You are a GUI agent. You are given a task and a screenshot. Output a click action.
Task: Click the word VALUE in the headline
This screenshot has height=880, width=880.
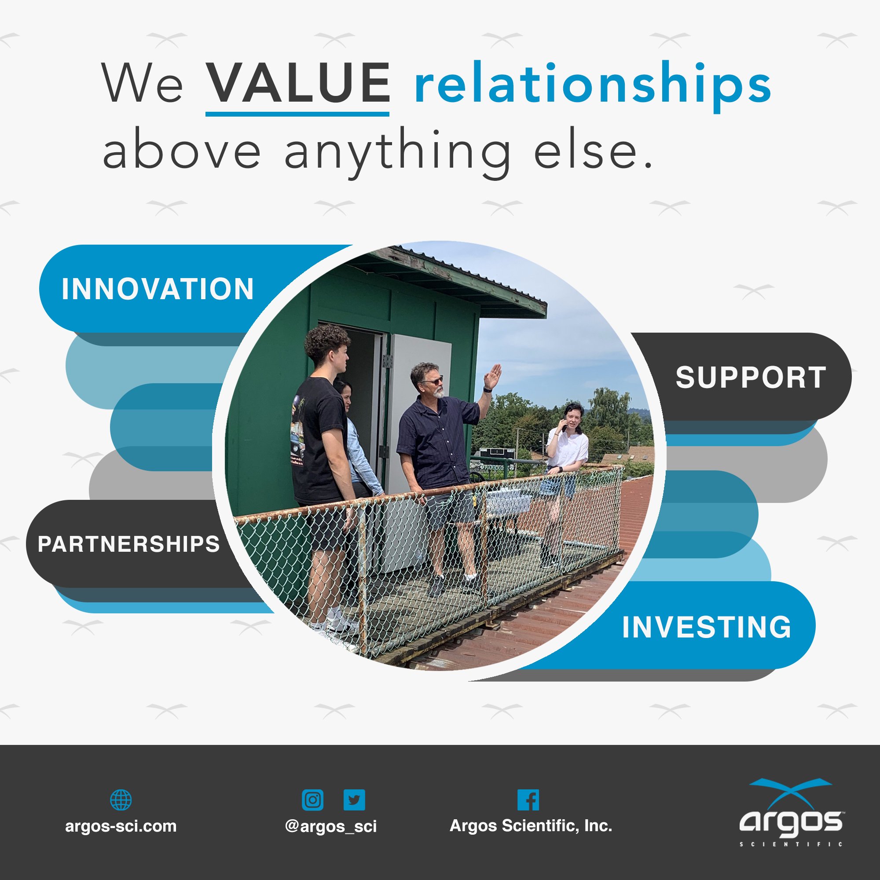point(298,83)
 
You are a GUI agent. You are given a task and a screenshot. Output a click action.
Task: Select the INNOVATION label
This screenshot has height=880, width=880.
point(158,289)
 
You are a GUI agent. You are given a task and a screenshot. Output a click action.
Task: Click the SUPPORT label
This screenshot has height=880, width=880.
point(751,377)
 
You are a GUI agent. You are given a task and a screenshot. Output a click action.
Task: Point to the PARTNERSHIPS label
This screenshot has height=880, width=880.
point(129,544)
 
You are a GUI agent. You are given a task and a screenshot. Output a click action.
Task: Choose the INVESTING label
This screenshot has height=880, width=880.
point(707,627)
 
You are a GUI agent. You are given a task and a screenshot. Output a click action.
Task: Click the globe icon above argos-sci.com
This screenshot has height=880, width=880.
point(121,800)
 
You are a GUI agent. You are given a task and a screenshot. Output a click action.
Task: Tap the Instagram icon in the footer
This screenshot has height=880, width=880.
point(312,800)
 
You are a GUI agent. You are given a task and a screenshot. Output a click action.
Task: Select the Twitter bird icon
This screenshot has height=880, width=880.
point(354,800)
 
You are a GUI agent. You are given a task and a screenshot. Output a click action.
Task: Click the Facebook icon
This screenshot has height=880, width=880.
point(528,800)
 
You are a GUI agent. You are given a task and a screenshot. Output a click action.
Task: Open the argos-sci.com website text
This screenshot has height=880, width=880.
point(121,826)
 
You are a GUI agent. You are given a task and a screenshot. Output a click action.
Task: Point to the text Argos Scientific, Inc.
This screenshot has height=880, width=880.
point(531,826)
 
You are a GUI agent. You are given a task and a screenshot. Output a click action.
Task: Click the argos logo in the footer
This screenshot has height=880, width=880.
point(791,814)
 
